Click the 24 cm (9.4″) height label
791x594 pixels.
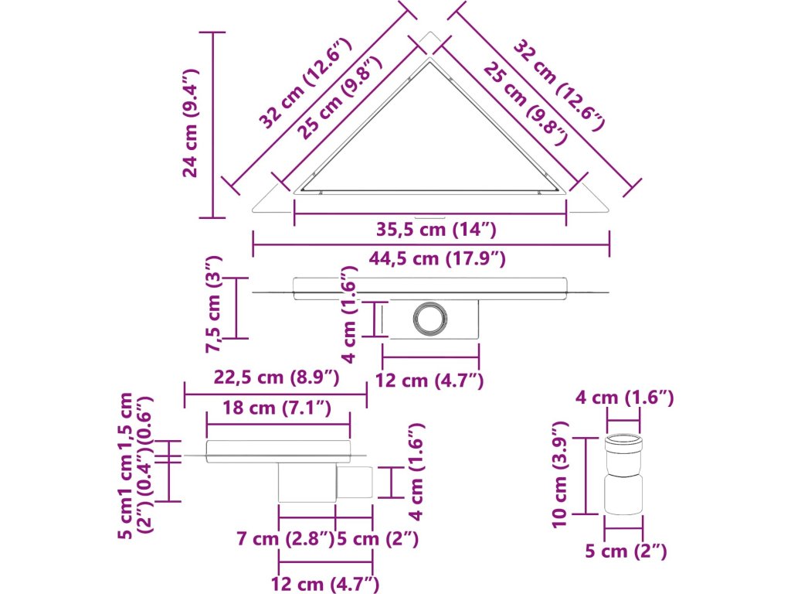tap(192, 123)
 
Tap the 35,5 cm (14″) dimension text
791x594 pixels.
tap(436, 230)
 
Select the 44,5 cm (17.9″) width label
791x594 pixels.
tap(437, 258)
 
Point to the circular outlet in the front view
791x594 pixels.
tap(429, 318)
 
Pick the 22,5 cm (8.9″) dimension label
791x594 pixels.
tap(277, 377)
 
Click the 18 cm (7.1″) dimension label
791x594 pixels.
tap(277, 407)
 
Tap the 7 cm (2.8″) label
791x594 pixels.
tap(285, 539)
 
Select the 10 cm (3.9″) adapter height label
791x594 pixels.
tap(561, 475)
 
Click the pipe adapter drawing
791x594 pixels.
tap(623, 474)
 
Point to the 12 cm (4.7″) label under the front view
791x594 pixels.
tap(429, 381)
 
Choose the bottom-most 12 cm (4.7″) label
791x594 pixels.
tap(325, 585)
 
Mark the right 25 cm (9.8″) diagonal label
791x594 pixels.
tap(525, 104)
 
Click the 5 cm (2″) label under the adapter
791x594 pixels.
tap(626, 551)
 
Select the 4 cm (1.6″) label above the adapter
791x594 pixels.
tap(625, 398)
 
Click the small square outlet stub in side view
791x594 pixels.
tap(355, 482)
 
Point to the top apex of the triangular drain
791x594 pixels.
tap(430, 32)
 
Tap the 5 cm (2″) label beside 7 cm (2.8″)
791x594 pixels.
tap(377, 539)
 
